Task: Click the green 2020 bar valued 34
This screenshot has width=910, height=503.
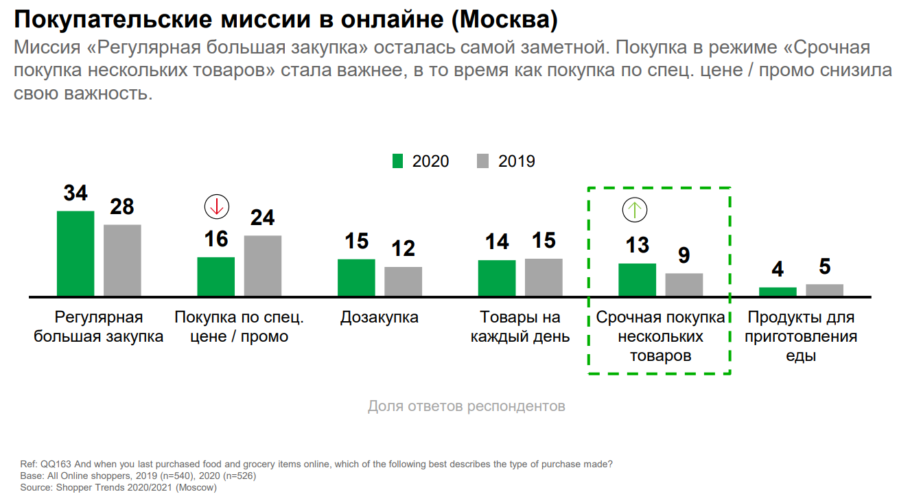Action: pyautogui.click(x=75, y=253)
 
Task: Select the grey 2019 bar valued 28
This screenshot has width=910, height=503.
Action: pyautogui.click(x=122, y=260)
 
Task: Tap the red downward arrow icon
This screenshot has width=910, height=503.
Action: pyautogui.click(x=217, y=206)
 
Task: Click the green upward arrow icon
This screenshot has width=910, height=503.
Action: pyautogui.click(x=635, y=209)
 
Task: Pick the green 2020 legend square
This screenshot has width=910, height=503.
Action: pyautogui.click(x=397, y=161)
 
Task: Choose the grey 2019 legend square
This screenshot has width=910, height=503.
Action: pyautogui.click(x=482, y=161)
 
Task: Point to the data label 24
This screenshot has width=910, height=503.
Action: pyautogui.click(x=262, y=218)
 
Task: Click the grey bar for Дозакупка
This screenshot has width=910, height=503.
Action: pyautogui.click(x=403, y=281)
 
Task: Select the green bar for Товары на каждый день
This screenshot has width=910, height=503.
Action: pyautogui.click(x=497, y=278)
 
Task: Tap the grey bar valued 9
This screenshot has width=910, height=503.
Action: pyautogui.click(x=684, y=285)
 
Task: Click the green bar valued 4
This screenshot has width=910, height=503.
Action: pyautogui.click(x=778, y=292)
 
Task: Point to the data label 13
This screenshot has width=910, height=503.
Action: pyautogui.click(x=638, y=245)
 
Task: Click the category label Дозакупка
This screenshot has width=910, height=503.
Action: pyautogui.click(x=380, y=318)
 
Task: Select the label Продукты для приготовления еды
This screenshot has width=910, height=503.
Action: pyautogui.click(x=801, y=337)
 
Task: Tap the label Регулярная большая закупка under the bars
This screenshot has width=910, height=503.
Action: pyautogui.click(x=99, y=327)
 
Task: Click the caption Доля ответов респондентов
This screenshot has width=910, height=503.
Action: pyautogui.click(x=467, y=406)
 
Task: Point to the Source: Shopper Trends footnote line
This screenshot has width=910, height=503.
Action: pyautogui.click(x=118, y=488)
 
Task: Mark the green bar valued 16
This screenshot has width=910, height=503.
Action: pyautogui.click(x=216, y=277)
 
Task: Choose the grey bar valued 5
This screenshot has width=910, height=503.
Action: pyautogui.click(x=824, y=290)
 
